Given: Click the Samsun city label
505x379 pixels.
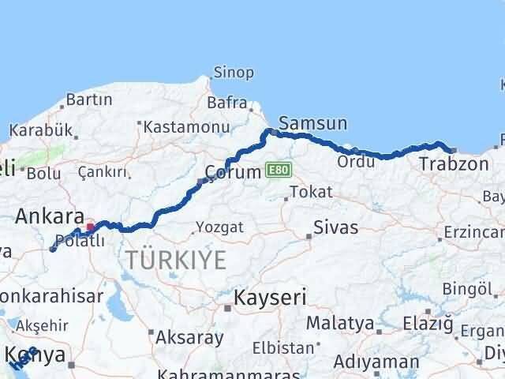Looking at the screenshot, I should click(x=312, y=123).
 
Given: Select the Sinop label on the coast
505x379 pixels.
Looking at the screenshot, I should click(x=234, y=73).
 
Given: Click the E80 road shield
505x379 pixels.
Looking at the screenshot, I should click(x=278, y=170).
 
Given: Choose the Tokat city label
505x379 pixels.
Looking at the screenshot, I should click(x=311, y=192).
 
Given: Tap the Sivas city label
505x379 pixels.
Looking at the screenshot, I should click(x=335, y=227).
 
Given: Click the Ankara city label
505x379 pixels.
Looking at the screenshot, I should click(x=50, y=216).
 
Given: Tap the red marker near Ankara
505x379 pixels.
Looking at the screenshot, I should click(x=90, y=227).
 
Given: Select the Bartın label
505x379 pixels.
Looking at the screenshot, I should click(x=89, y=100).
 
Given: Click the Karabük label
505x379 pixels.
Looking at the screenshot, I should click(x=36, y=130).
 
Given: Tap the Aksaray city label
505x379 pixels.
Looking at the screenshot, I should click(x=189, y=338).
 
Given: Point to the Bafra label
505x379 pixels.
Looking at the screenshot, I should click(x=227, y=103).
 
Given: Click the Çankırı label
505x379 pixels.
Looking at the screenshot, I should click(x=103, y=172).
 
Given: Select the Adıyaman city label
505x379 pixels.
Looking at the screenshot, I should click(x=376, y=362).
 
